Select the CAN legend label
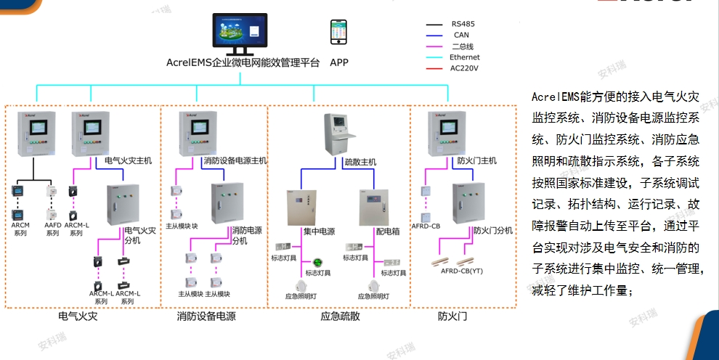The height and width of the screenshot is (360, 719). coord(461,35)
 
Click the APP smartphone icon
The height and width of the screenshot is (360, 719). coord(338,33)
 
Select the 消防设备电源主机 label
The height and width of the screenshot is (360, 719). coord(235,160)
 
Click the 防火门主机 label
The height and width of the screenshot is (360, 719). coord(476,160)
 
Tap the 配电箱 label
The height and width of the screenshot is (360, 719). coord(389,232)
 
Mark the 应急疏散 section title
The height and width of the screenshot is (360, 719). coord(340,316)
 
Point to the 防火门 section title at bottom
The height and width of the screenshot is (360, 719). coord(447,316)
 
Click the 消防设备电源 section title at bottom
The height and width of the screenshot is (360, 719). coord(206,316)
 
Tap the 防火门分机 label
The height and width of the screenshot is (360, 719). coord(493,230)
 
